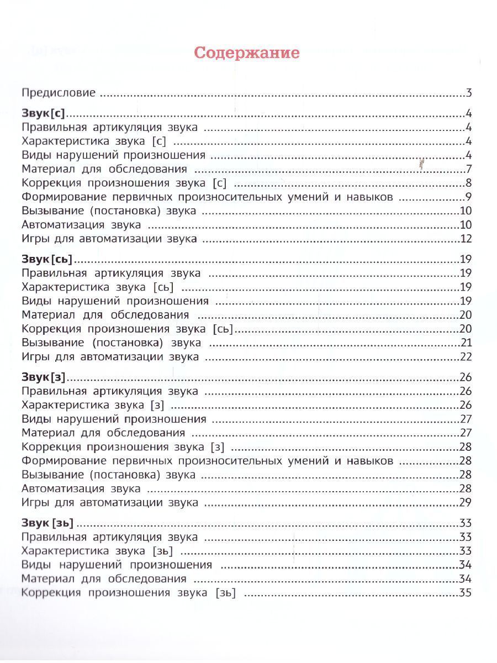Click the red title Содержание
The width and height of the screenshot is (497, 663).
coord(247,53)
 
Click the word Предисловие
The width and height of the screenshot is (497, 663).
coord(59,93)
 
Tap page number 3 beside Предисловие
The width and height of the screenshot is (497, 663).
coord(468,93)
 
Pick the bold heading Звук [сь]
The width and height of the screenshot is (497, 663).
coord(47,259)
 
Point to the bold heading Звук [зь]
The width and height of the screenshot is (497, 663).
coord(47,523)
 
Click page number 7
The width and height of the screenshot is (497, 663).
coord(468,169)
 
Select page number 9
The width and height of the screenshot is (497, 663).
coord(468,197)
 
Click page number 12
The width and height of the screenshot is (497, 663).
coord(466,239)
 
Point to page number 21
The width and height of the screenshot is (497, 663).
coord(466,343)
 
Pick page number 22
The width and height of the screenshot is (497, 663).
coord(466,357)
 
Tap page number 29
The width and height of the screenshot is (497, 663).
coord(466,502)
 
